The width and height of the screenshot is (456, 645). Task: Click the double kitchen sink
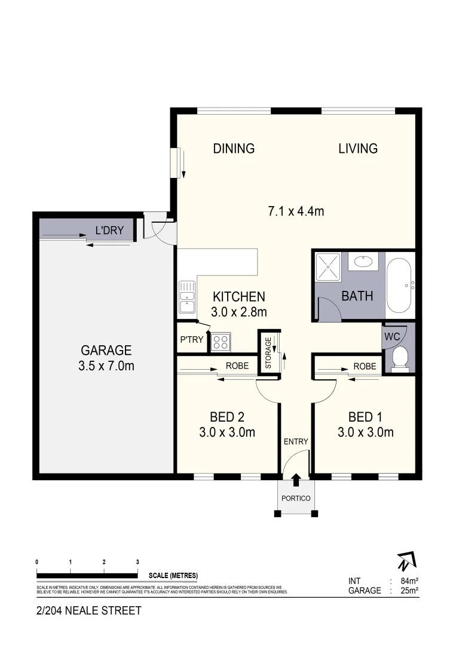pos(186,296)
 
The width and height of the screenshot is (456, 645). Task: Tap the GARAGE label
pos(106,351)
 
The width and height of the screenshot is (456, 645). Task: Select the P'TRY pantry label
pos(191,340)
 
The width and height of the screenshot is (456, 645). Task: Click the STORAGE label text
pos(268,352)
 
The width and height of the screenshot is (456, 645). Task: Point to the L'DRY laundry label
pos(109,229)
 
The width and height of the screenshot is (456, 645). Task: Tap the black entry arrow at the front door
pos(296,479)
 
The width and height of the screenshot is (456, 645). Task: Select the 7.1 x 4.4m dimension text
pos(296,210)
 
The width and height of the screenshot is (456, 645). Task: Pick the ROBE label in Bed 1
pos(365,366)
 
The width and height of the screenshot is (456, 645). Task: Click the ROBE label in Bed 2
pos(237,366)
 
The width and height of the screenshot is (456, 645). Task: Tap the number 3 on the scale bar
pos(137,562)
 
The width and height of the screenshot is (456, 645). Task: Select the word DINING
pos(234,148)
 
